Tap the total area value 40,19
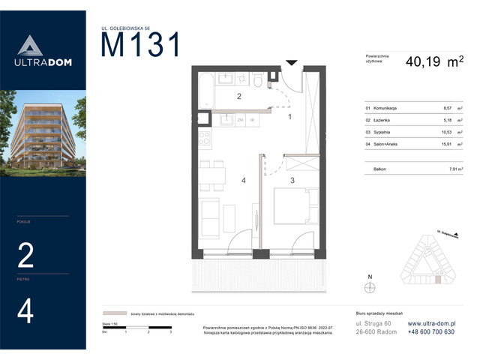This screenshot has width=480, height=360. (x=424, y=64)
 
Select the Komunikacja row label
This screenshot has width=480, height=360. (x=380, y=109)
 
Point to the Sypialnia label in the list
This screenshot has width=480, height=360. (x=378, y=131)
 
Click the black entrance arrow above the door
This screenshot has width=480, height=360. (x=292, y=63)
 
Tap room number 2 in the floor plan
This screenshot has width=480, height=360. (x=238, y=97)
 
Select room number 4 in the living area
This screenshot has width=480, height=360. (x=244, y=180)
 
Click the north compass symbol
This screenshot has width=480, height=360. (x=368, y=286)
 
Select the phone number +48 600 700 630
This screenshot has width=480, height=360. (x=433, y=332)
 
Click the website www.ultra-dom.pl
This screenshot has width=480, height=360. (x=431, y=323)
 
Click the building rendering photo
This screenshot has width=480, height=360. (x=41, y=132)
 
